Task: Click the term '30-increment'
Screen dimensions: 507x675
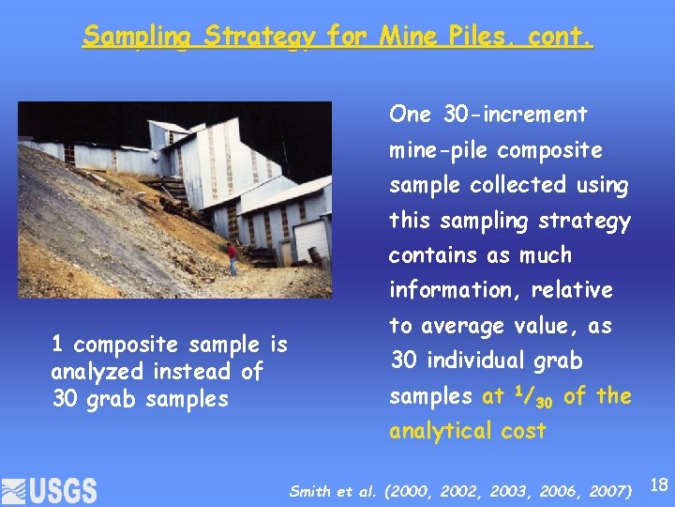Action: tap(515, 115)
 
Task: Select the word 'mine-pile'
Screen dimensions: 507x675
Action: tap(439, 150)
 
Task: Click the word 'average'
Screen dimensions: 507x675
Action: tap(467, 326)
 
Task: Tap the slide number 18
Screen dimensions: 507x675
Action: tap(658, 485)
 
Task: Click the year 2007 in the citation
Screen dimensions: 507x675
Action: tap(608, 490)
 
